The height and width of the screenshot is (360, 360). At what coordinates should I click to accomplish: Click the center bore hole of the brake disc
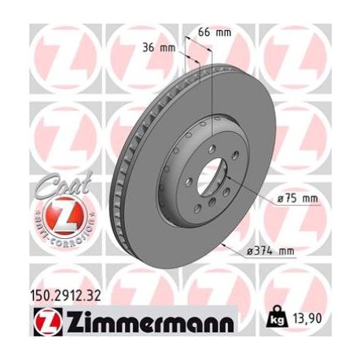coord(211,174)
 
